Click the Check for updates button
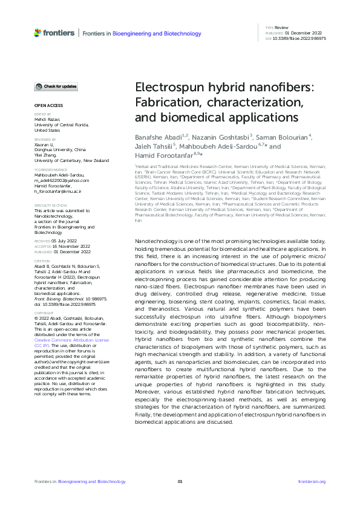click(x=56, y=86)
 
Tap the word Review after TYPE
click(x=281, y=28)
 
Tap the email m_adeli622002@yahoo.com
click(x=61, y=180)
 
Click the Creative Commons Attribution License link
click(x=71, y=340)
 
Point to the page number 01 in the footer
click(x=180, y=481)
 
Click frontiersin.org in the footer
click(x=312, y=481)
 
